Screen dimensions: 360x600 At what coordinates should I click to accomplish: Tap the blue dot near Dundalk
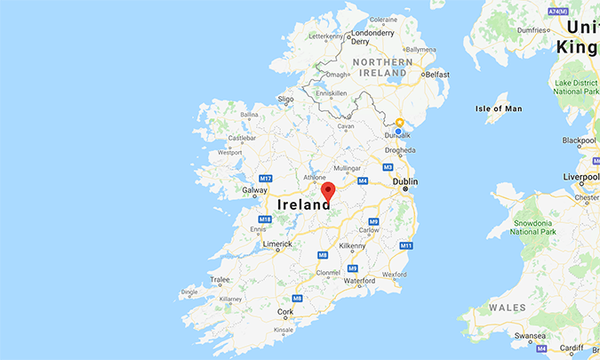[x=399, y=132]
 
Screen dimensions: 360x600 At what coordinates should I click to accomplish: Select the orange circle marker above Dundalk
[x=400, y=123]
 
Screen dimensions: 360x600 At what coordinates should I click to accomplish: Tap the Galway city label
[x=254, y=189]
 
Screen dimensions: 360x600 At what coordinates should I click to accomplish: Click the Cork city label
[x=284, y=312]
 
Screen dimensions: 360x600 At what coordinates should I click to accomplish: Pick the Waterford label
[x=360, y=281]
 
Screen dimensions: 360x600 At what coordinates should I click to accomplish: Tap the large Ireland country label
[x=306, y=205]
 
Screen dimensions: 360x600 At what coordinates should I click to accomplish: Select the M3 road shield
[x=388, y=167]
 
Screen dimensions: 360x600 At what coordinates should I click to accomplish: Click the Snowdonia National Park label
[x=532, y=226]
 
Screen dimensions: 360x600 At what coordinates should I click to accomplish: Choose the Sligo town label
[x=285, y=99]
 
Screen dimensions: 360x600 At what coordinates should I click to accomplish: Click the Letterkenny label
[x=325, y=36]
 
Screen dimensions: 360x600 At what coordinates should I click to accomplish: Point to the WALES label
[x=508, y=308]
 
